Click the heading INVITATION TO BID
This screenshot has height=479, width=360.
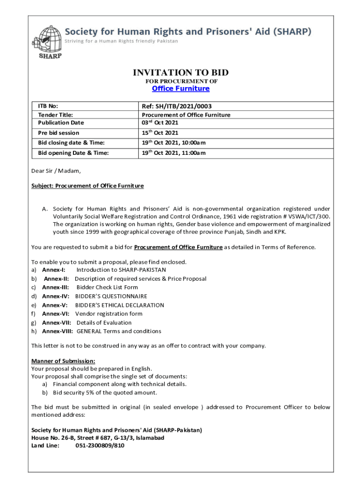point(180,73)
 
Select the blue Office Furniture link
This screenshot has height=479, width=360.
point(180,88)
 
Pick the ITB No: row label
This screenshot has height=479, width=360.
point(48,106)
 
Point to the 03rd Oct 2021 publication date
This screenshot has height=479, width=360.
point(160,123)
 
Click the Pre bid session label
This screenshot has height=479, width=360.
point(58,133)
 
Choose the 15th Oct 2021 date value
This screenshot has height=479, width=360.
point(160,133)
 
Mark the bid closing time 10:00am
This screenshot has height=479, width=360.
point(193,143)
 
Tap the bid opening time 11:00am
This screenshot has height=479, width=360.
point(193,153)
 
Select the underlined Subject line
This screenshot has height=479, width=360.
point(87,186)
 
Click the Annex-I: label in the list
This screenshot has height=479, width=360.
point(54,270)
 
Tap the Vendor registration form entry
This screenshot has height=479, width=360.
point(109,314)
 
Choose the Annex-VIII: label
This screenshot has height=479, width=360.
point(57,331)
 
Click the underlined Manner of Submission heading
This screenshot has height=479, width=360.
point(63,361)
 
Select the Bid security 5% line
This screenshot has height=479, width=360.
point(105,392)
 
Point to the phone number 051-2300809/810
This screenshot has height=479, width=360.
point(100,446)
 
